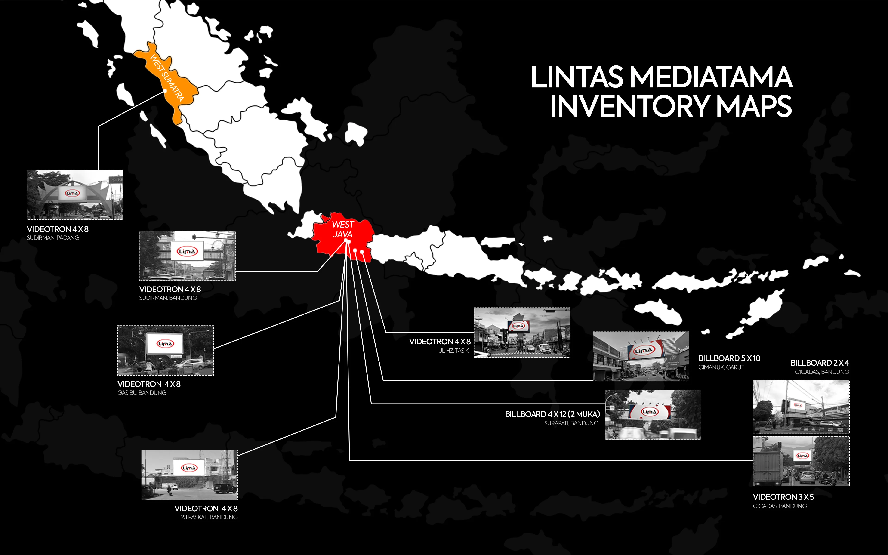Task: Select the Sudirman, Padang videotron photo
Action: [x=75, y=194]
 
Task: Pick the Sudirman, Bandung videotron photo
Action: [x=187, y=256]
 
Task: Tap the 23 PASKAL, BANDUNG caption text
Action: [x=209, y=517]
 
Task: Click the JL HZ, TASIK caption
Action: [x=454, y=351]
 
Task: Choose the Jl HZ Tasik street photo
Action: [x=522, y=332]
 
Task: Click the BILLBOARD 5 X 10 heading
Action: [x=729, y=358]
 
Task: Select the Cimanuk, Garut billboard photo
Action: [x=641, y=356]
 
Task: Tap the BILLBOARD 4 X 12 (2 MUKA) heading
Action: [x=552, y=414]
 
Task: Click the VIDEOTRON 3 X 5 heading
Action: [x=783, y=497]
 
